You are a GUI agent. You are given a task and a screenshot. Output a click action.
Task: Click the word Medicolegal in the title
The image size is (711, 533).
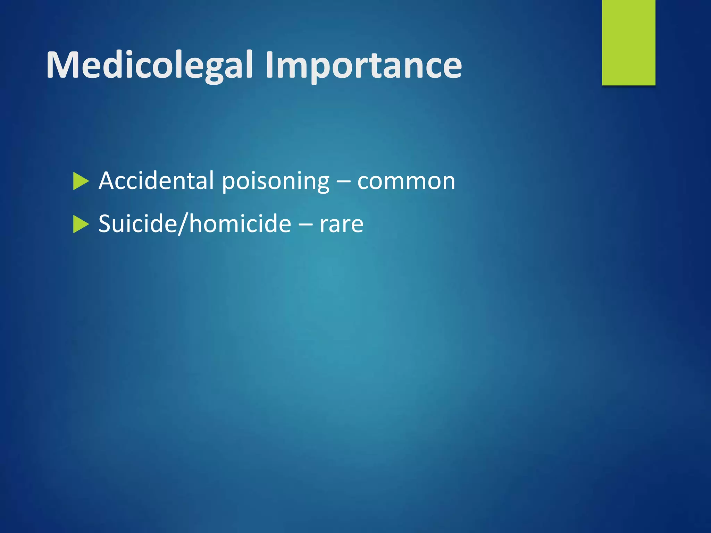point(149,65)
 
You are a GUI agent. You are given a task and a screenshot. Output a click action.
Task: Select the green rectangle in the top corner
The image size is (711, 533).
point(628,42)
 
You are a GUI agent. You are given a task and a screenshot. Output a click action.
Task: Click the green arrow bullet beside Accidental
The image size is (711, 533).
point(81,181)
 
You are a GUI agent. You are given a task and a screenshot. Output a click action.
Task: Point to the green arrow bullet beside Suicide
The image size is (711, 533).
point(81,225)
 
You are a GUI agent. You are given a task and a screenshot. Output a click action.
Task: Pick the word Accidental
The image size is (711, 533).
point(156,181)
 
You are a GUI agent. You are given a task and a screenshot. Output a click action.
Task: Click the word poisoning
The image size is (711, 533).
point(275,181)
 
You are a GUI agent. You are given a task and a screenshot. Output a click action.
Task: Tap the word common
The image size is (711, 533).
point(406,181)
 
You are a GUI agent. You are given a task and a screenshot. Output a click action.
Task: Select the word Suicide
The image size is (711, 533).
point(137,224)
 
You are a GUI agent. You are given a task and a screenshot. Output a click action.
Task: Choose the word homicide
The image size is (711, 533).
point(240,224)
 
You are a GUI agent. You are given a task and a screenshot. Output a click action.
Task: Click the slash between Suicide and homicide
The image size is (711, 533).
point(183,224)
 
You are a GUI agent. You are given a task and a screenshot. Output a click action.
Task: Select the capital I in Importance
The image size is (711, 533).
point(270,65)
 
